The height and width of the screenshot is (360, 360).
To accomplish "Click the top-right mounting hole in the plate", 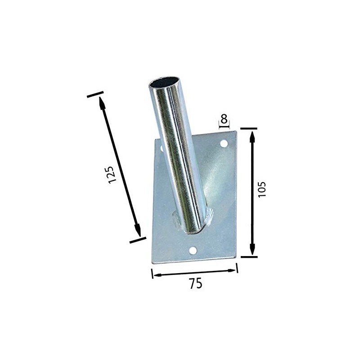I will pyautogui.click(x=224, y=144).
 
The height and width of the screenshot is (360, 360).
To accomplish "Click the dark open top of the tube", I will pyautogui.click(x=164, y=83).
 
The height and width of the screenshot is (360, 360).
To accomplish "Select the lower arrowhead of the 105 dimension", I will pyautogui.click(x=252, y=248).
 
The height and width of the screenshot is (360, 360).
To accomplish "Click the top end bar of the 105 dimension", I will pyautogui.click(x=248, y=128).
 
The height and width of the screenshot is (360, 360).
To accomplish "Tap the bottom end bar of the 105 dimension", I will pyautogui.click(x=248, y=257).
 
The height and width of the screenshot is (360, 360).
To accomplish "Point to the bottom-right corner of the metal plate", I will pyautogui.click(x=236, y=258).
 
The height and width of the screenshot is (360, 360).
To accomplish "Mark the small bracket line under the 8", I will pyautogui.click(x=224, y=127).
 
